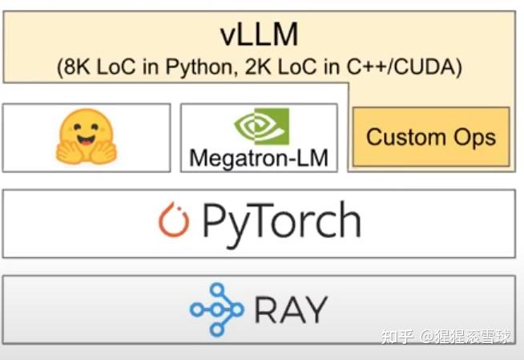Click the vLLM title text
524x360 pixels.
coord(259,34)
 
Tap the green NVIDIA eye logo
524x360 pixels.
coord(260,127)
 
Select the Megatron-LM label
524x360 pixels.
coord(259,158)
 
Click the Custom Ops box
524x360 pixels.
coord(431,137)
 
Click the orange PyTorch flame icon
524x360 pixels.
coord(174,222)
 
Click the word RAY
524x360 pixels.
coord(290,309)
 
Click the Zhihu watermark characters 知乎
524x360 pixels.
coord(397,337)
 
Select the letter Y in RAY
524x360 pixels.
coord(316,309)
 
